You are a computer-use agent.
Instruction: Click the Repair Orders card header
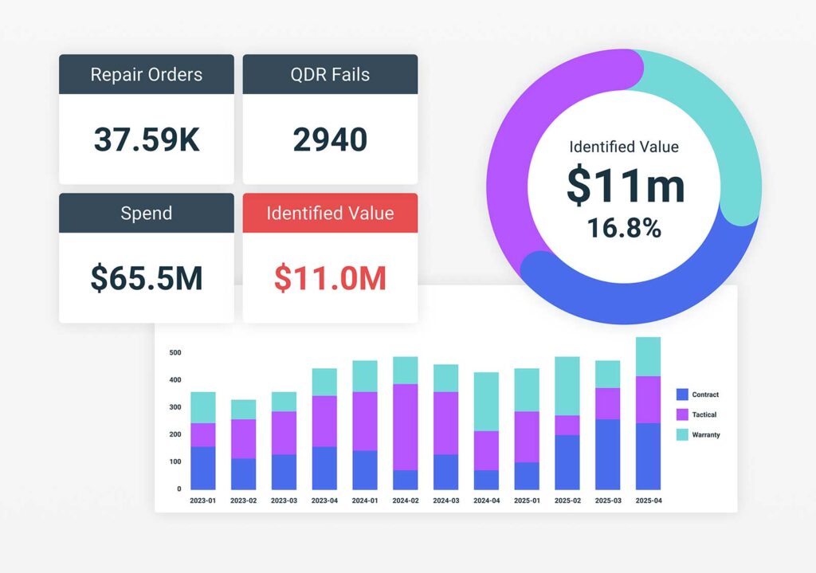pyautogui.click(x=147, y=75)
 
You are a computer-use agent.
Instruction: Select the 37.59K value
pyautogui.click(x=147, y=139)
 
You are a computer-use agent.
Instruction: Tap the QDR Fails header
pyautogui.click(x=330, y=75)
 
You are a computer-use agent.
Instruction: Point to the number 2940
pyautogui.click(x=330, y=139)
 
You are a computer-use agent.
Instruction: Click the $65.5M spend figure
pyautogui.click(x=147, y=278)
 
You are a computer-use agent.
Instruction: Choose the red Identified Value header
pyautogui.click(x=330, y=214)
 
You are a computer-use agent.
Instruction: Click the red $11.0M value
pyautogui.click(x=330, y=278)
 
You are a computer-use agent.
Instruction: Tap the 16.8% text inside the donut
pyautogui.click(x=625, y=228)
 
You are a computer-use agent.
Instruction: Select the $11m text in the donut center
pyautogui.click(x=626, y=185)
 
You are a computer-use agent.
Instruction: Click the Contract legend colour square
pyautogui.click(x=682, y=394)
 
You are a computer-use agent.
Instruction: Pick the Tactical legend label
pyautogui.click(x=704, y=414)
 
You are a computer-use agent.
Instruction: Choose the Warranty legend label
pyautogui.click(x=706, y=434)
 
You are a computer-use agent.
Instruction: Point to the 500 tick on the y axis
pyautogui.click(x=175, y=352)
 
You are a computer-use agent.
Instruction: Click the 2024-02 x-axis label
pyautogui.click(x=405, y=500)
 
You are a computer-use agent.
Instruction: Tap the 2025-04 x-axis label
pyautogui.click(x=648, y=500)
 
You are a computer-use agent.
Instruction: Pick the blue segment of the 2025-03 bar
pyautogui.click(x=607, y=454)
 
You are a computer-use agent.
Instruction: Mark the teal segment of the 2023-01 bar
pyautogui.click(x=203, y=407)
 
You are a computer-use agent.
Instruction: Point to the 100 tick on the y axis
pyautogui.click(x=175, y=461)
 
